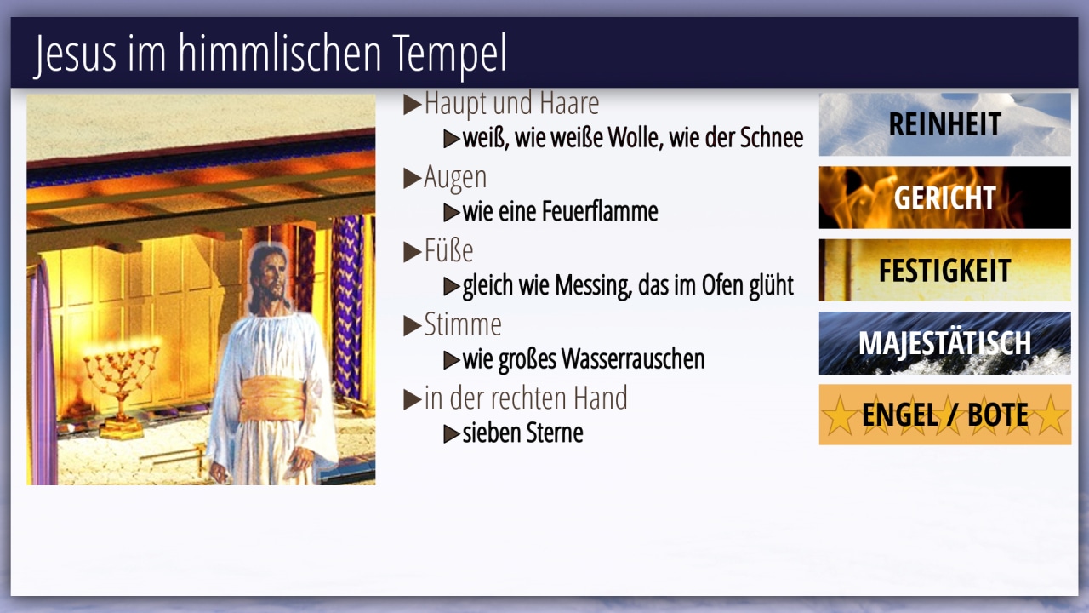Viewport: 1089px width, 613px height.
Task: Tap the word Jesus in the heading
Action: click(x=76, y=54)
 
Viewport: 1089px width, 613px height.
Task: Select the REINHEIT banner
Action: click(x=944, y=124)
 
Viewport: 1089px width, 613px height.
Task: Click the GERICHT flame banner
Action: click(x=944, y=198)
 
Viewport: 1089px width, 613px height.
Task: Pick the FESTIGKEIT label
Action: click(x=944, y=271)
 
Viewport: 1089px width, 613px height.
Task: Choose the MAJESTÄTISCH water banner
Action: click(x=944, y=343)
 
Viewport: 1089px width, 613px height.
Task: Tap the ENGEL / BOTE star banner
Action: click(x=944, y=415)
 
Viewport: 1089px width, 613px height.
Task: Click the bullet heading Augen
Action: click(x=455, y=178)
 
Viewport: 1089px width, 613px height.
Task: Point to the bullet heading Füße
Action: click(x=448, y=250)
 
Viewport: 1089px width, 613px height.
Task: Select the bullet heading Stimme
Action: click(x=463, y=324)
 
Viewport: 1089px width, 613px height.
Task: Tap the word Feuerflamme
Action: click(x=600, y=212)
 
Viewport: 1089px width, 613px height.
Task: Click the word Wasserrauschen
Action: click(x=633, y=359)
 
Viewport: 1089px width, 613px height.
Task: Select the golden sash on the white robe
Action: click(x=272, y=399)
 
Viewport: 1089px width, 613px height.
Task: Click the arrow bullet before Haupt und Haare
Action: click(x=413, y=104)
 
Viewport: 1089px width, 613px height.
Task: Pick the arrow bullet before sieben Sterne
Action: click(x=452, y=433)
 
